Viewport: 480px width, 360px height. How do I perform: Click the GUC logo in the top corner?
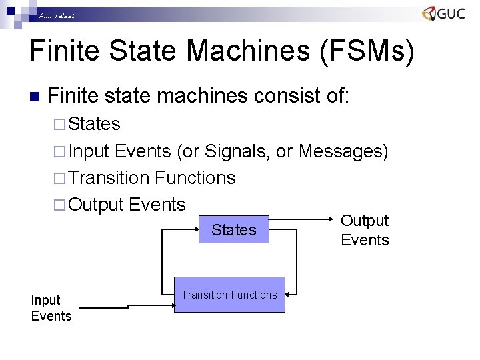(x=443, y=13)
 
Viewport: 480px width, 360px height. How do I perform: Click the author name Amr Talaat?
(x=57, y=15)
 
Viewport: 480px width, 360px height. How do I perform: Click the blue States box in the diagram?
(x=233, y=230)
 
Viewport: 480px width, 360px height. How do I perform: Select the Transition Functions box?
(x=229, y=295)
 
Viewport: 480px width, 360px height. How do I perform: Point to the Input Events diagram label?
(x=51, y=308)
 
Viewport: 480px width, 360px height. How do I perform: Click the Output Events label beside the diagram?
(x=365, y=230)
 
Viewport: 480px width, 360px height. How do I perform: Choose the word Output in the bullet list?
(x=96, y=204)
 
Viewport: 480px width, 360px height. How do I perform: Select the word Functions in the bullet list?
(x=195, y=178)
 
